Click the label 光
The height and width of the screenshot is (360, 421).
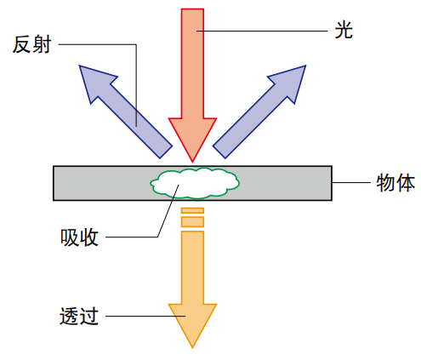344,30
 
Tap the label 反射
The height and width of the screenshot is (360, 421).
31,44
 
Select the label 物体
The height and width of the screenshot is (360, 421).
395,182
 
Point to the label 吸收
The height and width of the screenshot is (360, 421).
79,237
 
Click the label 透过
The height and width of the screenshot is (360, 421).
79,316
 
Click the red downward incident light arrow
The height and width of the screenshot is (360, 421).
192,85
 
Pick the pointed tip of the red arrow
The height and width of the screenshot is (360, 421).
192,163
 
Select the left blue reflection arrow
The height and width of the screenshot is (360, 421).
126,111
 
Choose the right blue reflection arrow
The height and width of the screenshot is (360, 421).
259,111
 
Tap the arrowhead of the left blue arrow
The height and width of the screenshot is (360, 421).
94,80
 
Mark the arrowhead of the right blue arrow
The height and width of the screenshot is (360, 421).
291,80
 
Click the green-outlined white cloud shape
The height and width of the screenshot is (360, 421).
195,183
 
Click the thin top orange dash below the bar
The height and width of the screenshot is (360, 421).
192,210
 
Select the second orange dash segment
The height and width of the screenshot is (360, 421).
192,221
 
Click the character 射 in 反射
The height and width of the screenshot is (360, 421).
42,44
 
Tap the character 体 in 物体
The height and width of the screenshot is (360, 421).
406,182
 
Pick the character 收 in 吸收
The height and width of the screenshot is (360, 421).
89,237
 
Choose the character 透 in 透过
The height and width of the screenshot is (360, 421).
69,316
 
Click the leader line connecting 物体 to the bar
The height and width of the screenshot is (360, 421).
351,182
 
